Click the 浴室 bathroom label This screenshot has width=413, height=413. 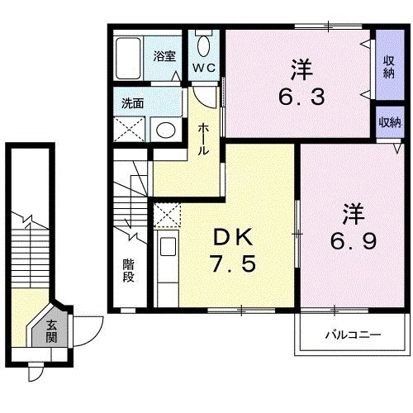pyautogui.click(x=164, y=56)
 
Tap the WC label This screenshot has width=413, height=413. pyautogui.click(x=204, y=67)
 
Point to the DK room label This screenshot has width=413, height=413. pyautogui.click(x=233, y=239)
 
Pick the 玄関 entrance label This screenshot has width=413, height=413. pyautogui.click(x=51, y=331)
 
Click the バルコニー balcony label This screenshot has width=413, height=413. pyautogui.click(x=352, y=336)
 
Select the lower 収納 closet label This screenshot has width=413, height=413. pyautogui.click(x=388, y=121)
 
